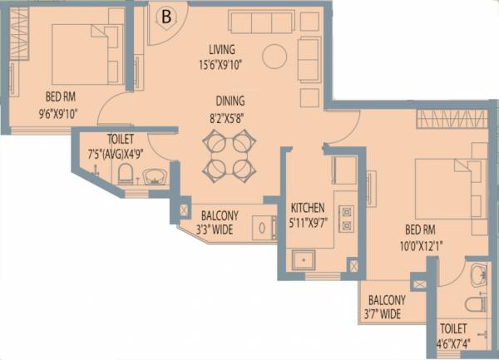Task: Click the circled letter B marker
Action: [x=167, y=16]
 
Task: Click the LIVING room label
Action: [x=222, y=49]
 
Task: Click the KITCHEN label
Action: [x=307, y=207]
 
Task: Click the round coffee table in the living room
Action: [x=274, y=57]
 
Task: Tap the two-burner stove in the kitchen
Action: [x=347, y=216]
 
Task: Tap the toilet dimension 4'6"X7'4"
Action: [x=454, y=343]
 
